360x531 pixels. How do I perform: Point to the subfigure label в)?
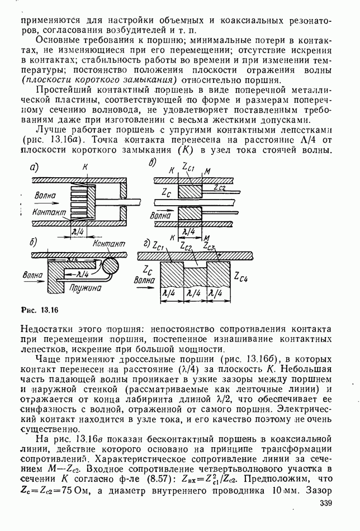click(152, 162)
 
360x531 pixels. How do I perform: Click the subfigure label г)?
click(146, 244)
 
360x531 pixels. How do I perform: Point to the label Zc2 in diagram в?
click(220, 189)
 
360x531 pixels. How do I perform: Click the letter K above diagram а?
click(85, 167)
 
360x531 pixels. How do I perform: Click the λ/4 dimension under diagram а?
click(78, 230)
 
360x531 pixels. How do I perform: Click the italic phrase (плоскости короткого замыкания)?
click(84, 79)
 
